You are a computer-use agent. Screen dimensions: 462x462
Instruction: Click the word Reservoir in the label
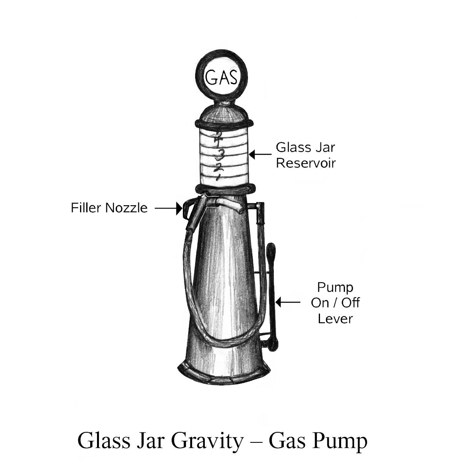tap(306, 163)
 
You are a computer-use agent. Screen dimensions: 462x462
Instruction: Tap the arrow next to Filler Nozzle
tap(169, 208)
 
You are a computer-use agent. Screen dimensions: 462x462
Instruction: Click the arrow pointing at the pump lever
tap(286, 302)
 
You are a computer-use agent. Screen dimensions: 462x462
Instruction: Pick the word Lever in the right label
tap(335, 319)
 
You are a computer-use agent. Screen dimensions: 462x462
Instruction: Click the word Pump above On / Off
tap(335, 287)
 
